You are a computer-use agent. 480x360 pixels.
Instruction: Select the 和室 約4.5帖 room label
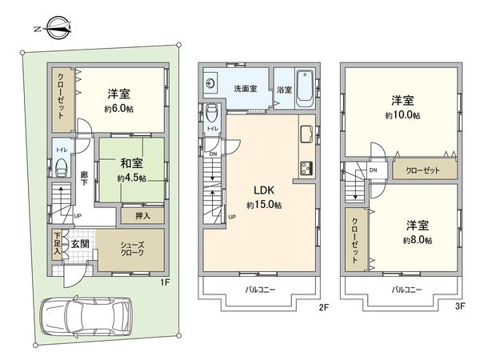[x=129, y=171]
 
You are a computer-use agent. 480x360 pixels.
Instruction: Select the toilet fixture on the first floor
[x=62, y=169]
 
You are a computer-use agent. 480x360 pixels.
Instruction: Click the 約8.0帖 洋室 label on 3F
[x=417, y=233]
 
